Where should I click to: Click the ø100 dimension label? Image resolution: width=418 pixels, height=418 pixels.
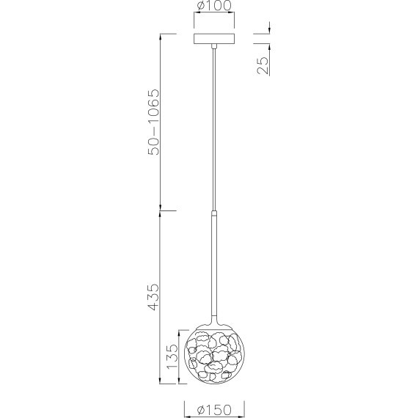(213, 8)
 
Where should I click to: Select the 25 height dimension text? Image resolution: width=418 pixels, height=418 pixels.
(263, 65)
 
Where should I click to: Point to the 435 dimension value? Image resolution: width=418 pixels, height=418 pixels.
(153, 297)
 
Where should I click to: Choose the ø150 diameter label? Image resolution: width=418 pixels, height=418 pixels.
(213, 409)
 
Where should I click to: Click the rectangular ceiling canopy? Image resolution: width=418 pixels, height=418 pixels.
(213, 39)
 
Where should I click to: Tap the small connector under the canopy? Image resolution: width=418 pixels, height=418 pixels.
(213, 48)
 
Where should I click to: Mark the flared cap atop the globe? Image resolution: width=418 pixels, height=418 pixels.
(213, 322)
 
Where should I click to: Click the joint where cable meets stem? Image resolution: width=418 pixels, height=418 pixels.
(213, 211)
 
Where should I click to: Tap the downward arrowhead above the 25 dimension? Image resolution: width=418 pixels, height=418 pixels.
(269, 30)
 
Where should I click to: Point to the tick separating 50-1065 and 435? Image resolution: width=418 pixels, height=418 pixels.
(161, 211)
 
